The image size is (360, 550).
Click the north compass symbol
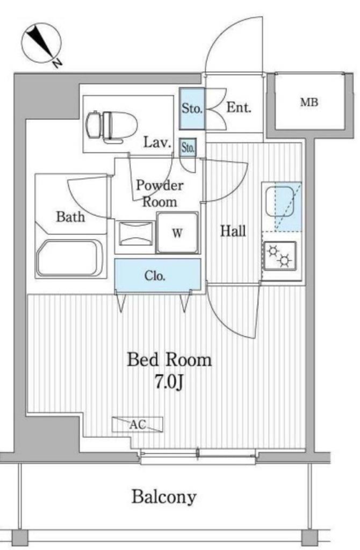[41, 45]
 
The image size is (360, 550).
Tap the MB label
[309, 102]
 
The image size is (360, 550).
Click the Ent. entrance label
[239, 107]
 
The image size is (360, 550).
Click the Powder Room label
[160, 193]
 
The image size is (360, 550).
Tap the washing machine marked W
[177, 232]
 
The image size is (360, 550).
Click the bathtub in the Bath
[70, 258]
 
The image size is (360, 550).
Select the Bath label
[70, 217]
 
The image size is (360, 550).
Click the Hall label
[233, 231]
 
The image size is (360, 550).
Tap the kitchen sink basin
[280, 201]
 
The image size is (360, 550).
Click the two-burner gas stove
[279, 256]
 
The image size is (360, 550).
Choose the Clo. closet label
[155, 276]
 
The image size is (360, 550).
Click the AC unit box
[138, 424]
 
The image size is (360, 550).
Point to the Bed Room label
[169, 360]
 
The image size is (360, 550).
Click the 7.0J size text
[169, 382]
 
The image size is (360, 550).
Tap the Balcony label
[164, 497]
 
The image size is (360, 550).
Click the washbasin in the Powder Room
[135, 234]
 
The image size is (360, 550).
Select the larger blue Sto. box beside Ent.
[192, 108]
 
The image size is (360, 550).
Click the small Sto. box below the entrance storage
[188, 148]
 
